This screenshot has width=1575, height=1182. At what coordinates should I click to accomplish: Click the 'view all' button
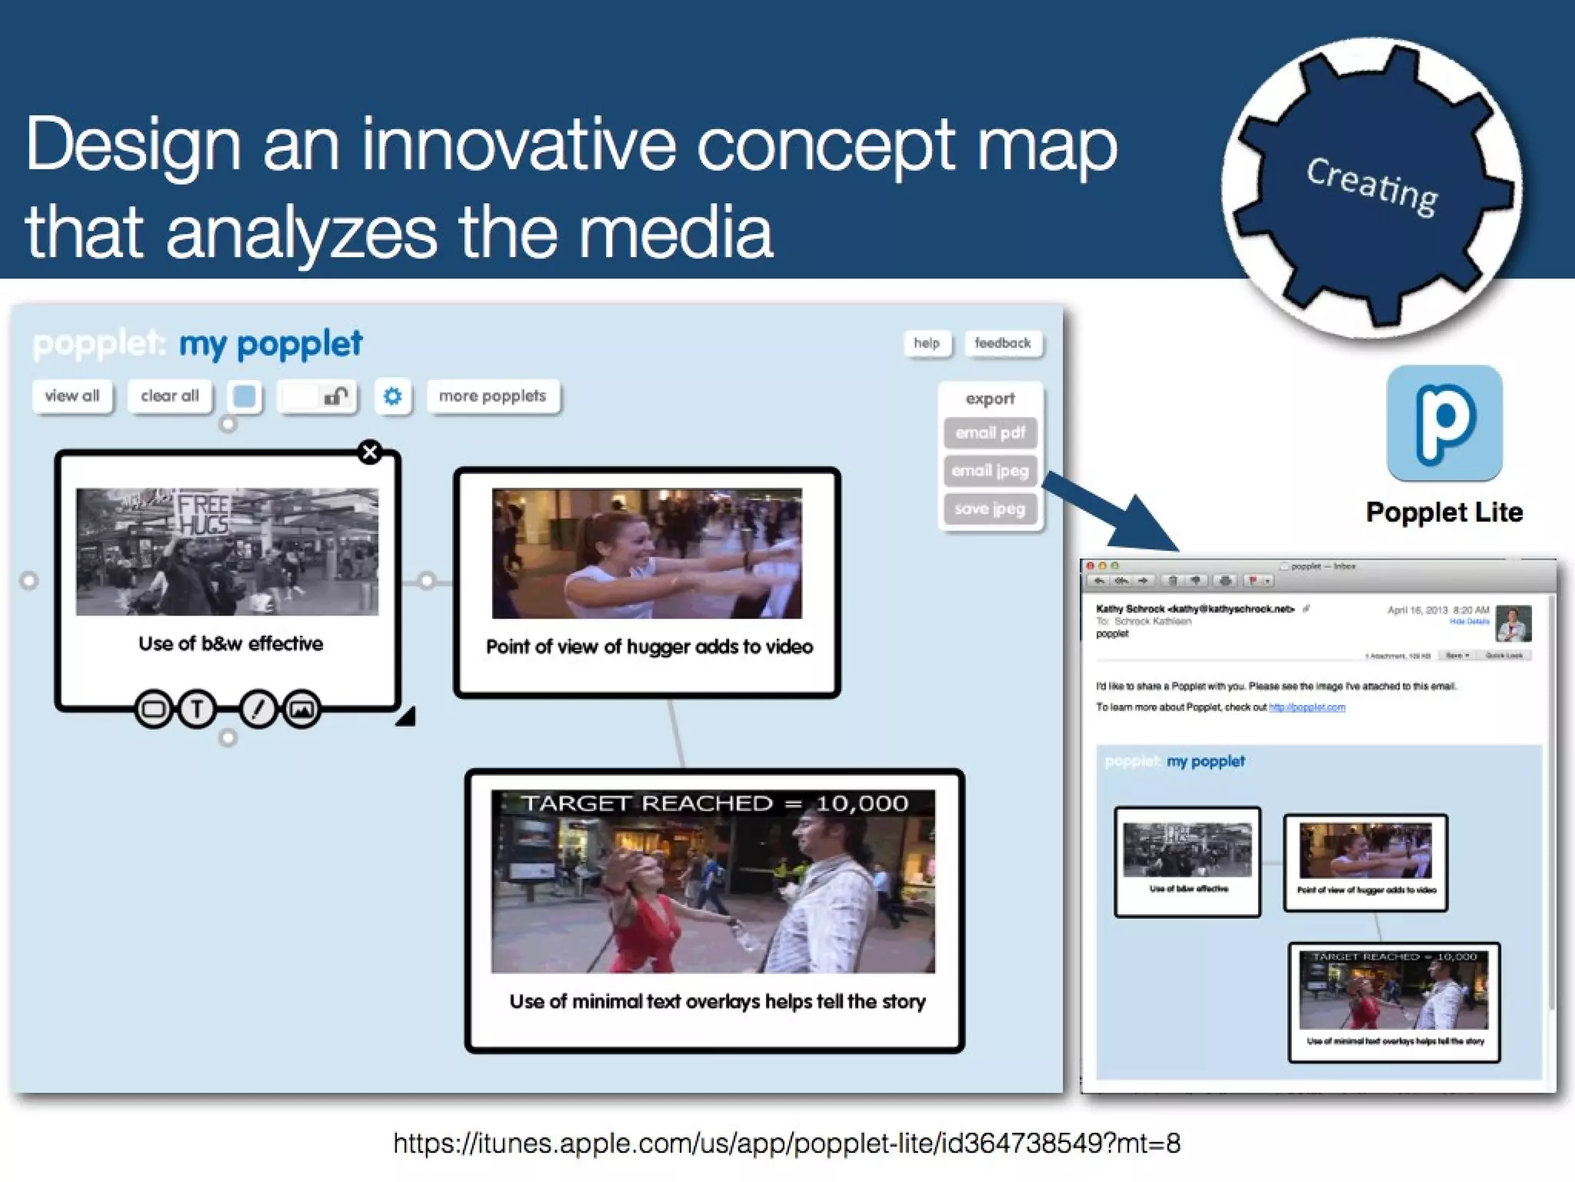click(72, 396)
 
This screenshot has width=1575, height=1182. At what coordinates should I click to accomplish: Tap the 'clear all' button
click(169, 396)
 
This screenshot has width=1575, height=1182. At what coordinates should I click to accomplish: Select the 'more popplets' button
click(492, 396)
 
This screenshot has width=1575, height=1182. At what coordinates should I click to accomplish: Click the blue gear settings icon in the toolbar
click(392, 396)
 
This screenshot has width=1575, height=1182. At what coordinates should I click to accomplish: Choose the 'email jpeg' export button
click(990, 471)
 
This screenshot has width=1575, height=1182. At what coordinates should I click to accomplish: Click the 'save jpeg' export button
click(990, 509)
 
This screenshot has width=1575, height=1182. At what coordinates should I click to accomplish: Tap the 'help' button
click(927, 343)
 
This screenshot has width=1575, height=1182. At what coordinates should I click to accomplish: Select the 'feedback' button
click(1003, 343)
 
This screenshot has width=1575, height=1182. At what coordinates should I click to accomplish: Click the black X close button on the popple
click(370, 452)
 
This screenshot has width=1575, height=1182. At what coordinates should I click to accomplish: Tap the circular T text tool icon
click(197, 709)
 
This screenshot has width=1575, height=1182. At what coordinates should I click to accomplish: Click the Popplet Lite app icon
click(1444, 422)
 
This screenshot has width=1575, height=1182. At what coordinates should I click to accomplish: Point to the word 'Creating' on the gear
click(1372, 187)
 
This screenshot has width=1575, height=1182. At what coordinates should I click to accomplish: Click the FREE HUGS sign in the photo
click(203, 513)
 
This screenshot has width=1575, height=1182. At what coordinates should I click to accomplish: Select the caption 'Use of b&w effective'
click(230, 644)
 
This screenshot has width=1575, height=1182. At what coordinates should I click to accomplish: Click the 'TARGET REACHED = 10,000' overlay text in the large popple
click(714, 803)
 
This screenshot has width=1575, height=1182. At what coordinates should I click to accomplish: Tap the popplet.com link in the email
click(1307, 707)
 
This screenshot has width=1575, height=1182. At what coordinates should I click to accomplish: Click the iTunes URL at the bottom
click(786, 1144)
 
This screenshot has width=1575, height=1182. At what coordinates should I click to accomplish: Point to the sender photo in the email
click(1513, 623)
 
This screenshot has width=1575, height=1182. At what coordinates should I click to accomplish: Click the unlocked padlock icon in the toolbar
click(335, 396)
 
